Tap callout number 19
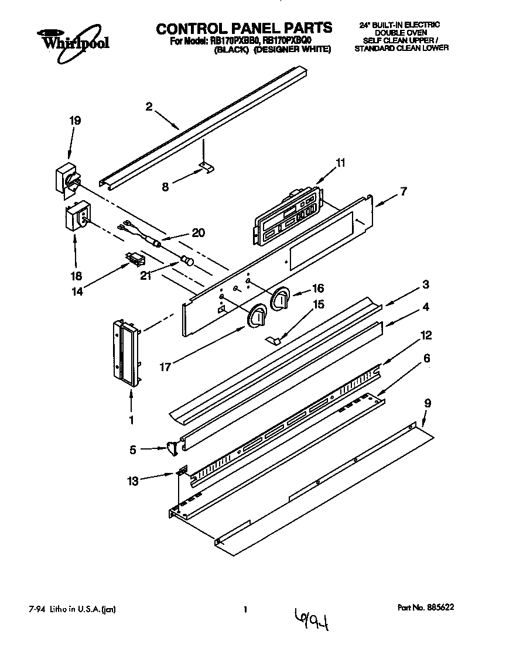coord(75,121)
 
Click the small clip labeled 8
coord(207,168)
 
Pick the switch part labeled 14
coord(135,258)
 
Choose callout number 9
coord(428,403)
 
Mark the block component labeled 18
coord(77,216)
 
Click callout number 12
coord(426,335)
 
